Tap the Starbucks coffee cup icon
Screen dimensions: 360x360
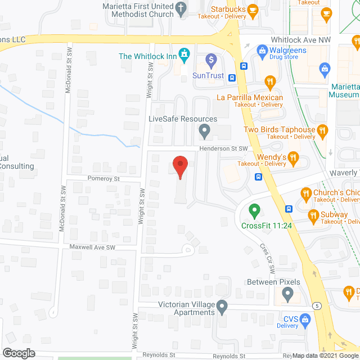click(x=253, y=9)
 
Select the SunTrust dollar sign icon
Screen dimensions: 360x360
click(x=211, y=58)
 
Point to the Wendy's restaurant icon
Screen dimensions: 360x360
click(x=292, y=160)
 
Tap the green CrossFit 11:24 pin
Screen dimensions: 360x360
click(x=254, y=212)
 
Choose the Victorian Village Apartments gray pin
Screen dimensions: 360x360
click(x=222, y=308)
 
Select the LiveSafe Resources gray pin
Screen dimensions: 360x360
click(x=204, y=133)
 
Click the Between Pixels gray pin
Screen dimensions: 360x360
click(x=287, y=294)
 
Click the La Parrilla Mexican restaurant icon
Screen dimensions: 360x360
click(x=270, y=82)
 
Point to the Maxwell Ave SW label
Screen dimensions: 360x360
click(x=92, y=247)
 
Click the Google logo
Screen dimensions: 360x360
click(x=18, y=353)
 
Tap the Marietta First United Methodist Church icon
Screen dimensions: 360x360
click(x=181, y=8)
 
